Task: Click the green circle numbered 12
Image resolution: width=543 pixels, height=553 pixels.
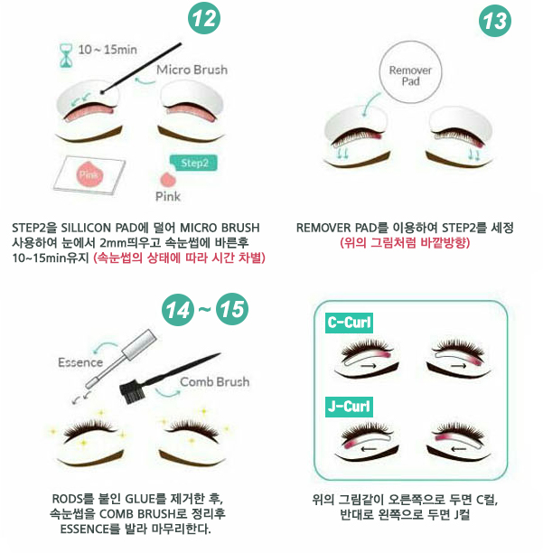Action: click(x=204, y=18)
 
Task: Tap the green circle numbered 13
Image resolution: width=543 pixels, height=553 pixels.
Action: click(x=495, y=21)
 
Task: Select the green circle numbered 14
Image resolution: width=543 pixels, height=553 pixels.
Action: click(x=178, y=310)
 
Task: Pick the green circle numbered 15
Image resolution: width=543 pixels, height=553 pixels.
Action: click(x=232, y=309)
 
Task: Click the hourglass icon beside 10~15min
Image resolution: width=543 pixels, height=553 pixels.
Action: click(x=66, y=55)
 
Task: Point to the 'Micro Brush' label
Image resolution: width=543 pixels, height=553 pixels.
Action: click(x=192, y=70)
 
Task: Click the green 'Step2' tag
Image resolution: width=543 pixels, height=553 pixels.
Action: click(x=193, y=163)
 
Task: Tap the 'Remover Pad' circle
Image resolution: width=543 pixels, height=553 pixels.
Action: click(x=410, y=72)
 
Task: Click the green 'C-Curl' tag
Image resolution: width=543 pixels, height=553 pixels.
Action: click(x=349, y=323)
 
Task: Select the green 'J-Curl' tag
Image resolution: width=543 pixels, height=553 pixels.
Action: click(x=349, y=407)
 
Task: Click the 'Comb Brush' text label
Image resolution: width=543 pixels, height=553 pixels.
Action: click(x=215, y=381)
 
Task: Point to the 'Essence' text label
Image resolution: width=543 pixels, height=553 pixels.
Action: click(x=80, y=362)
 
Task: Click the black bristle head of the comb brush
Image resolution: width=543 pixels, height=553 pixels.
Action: click(x=130, y=390)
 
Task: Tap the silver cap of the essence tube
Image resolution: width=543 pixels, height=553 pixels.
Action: click(x=139, y=344)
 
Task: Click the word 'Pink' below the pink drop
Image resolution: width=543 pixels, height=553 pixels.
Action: click(x=168, y=196)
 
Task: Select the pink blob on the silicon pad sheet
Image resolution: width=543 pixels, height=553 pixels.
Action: click(x=89, y=173)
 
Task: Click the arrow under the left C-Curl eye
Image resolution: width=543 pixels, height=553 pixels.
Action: click(x=369, y=367)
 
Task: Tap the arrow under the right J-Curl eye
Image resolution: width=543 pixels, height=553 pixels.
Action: click(x=459, y=449)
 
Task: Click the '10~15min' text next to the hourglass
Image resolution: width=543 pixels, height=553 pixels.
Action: click(x=108, y=50)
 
